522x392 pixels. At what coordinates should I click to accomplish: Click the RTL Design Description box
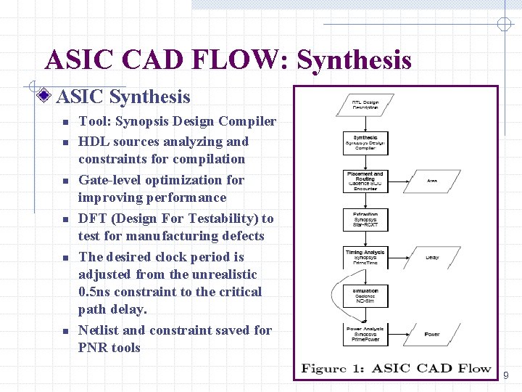click(x=366, y=105)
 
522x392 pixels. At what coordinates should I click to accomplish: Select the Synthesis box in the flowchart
click(x=365, y=143)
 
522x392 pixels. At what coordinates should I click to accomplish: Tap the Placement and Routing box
click(x=365, y=181)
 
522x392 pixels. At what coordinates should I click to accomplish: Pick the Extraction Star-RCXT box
click(x=365, y=219)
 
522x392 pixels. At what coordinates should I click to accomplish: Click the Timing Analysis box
click(x=365, y=257)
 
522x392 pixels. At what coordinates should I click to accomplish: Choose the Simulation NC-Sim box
click(x=365, y=295)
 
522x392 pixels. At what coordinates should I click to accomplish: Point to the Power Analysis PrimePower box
click(x=365, y=334)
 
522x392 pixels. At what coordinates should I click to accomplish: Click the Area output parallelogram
click(x=432, y=181)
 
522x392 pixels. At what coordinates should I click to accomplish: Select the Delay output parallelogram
click(x=432, y=257)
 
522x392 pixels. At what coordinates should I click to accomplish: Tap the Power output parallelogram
click(x=432, y=334)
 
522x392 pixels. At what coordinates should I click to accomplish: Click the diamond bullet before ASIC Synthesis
click(x=46, y=96)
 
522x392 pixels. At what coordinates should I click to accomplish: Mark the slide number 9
click(x=506, y=375)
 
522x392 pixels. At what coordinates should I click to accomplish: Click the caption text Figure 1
click(x=333, y=369)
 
